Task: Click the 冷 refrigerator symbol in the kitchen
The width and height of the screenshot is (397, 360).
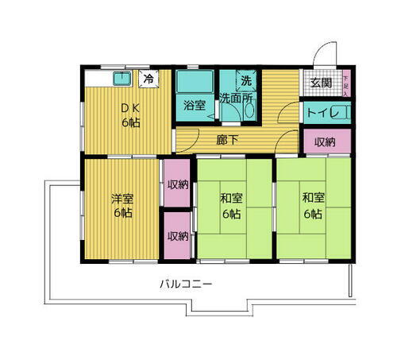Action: [x=148, y=79]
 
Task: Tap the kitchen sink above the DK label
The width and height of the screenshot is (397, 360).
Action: [x=122, y=78]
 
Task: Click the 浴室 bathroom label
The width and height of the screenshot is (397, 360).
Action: [x=195, y=106]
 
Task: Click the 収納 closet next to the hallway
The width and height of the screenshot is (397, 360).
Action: [x=323, y=142]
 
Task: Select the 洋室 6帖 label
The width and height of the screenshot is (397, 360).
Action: [x=121, y=206]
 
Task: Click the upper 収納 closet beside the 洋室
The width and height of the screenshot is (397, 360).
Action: [x=177, y=184]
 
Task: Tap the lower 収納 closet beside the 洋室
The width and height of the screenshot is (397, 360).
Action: [x=177, y=235]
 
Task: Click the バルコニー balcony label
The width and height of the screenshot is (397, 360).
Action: [x=185, y=282]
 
